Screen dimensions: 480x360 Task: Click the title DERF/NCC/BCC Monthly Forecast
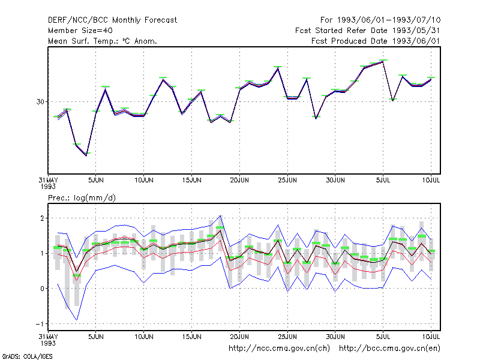pyautogui.click(x=112, y=20)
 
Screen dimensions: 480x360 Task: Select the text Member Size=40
pyautogui.click(x=80, y=31)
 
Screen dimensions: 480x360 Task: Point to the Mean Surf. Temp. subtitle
pyautogui.click(x=103, y=41)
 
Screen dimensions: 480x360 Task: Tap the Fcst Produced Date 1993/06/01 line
pyautogui.click(x=376, y=41)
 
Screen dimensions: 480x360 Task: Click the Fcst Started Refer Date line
pyautogui.click(x=368, y=31)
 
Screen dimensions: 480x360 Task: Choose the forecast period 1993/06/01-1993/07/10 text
pyautogui.click(x=380, y=20)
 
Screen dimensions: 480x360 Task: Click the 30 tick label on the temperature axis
pyautogui.click(x=40, y=101)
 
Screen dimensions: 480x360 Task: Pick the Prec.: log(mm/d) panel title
pyautogui.click(x=82, y=198)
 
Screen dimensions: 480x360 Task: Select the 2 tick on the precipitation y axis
pyautogui.click(x=42, y=218)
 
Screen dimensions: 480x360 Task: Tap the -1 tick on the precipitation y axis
pyautogui.click(x=40, y=324)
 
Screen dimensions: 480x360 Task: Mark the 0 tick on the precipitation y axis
pyautogui.click(x=42, y=289)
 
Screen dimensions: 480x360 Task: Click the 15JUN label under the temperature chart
pyautogui.click(x=191, y=180)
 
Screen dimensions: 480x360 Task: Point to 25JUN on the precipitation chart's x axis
pyautogui.click(x=287, y=337)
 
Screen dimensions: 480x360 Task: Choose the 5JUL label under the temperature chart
pyautogui.click(x=383, y=180)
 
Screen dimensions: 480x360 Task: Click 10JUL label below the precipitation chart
pyautogui.click(x=431, y=337)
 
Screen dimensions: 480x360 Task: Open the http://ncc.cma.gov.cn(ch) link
pyautogui.click(x=279, y=349)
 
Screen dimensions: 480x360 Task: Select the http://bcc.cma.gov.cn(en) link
pyautogui.click(x=389, y=349)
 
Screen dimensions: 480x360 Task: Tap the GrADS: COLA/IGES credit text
pyautogui.click(x=27, y=356)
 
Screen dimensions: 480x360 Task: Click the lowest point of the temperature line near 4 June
pyautogui.click(x=86, y=156)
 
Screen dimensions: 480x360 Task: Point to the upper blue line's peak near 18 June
pyautogui.click(x=220, y=215)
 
